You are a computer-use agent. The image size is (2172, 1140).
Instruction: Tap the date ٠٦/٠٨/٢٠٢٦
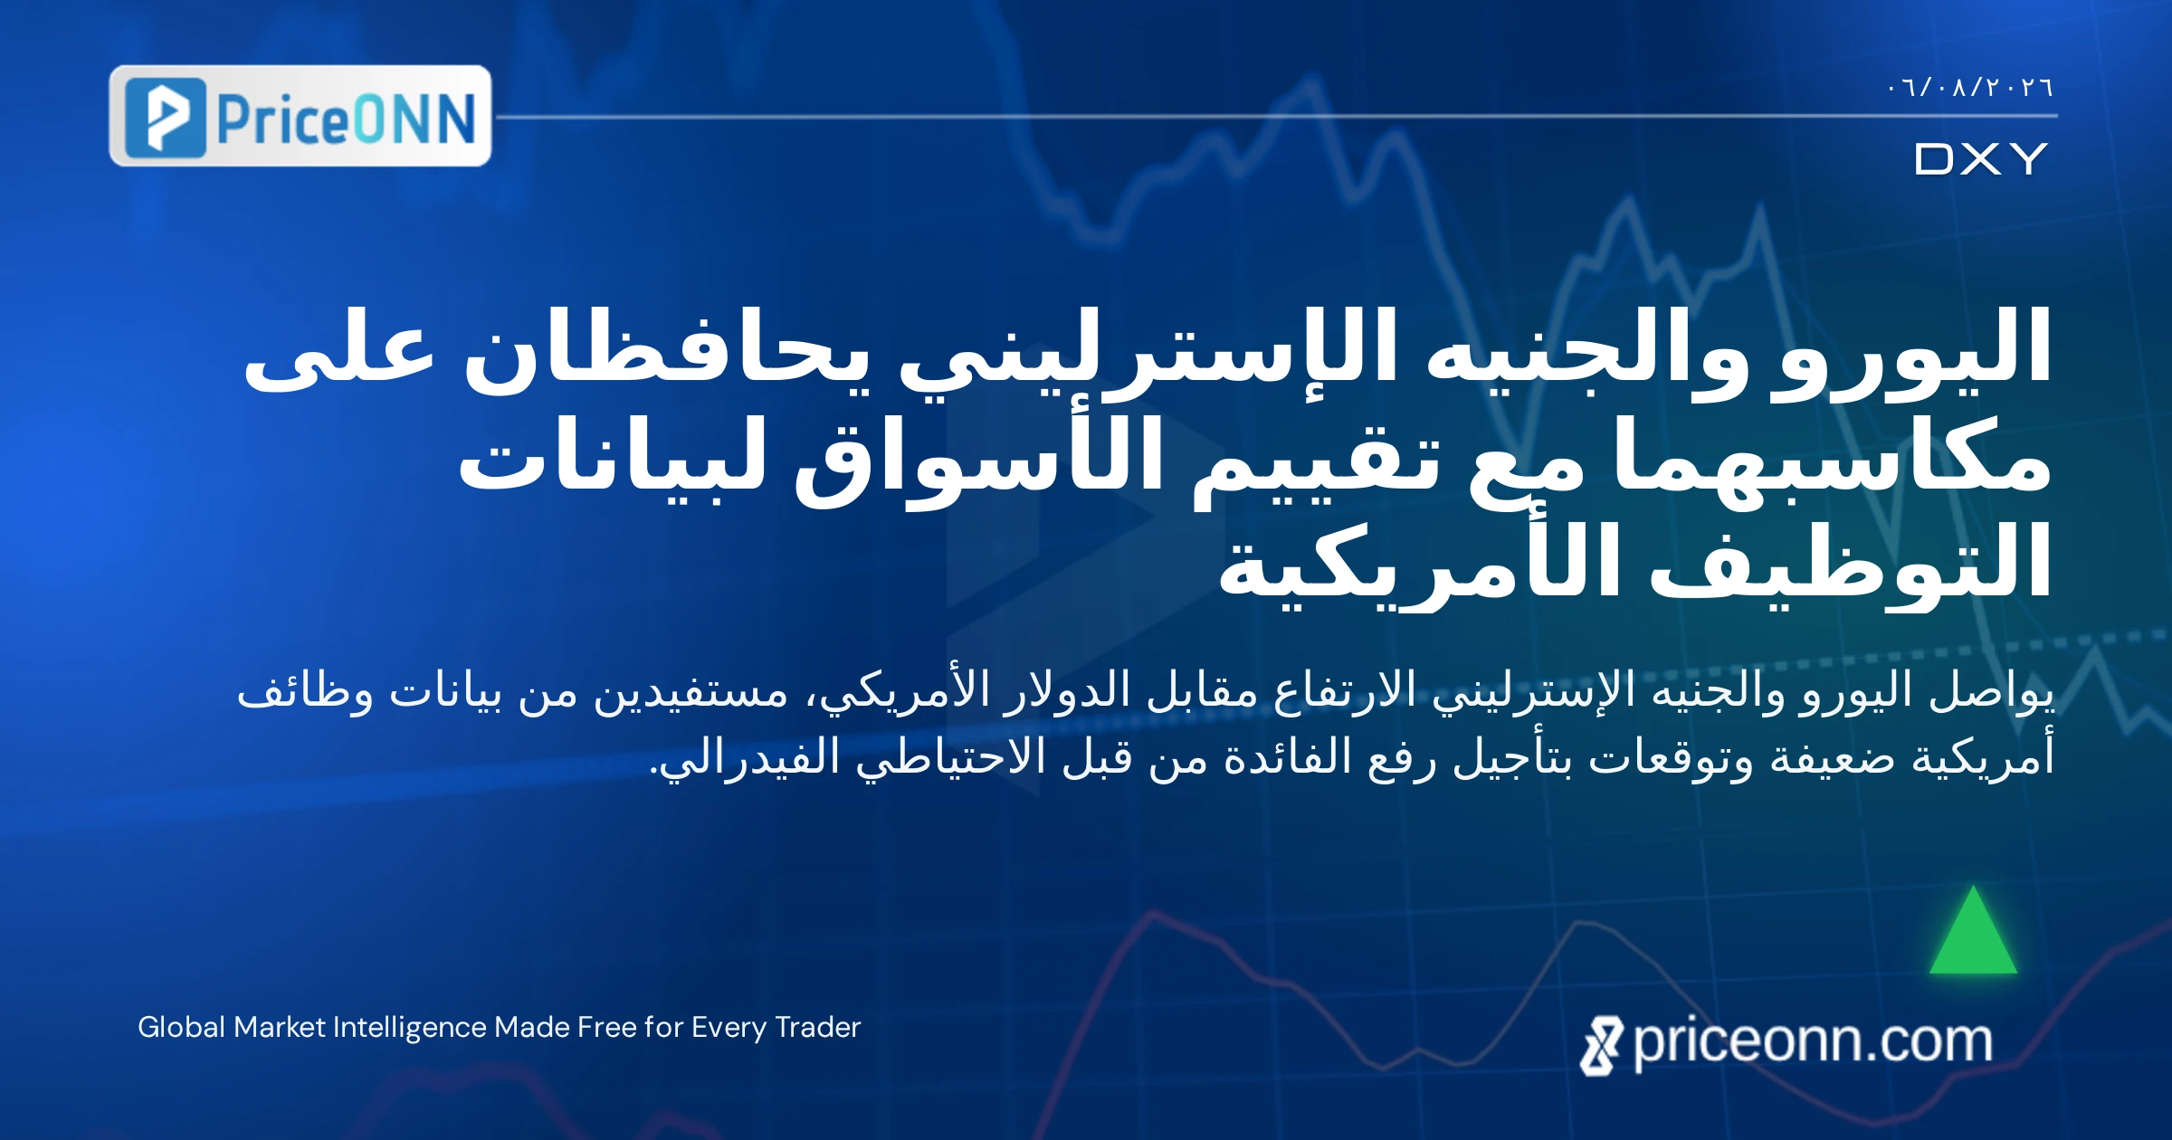click(x=1970, y=88)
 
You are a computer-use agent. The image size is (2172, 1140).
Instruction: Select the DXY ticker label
click(x=1980, y=159)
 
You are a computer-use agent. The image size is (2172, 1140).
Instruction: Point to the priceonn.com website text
click(x=1813, y=1041)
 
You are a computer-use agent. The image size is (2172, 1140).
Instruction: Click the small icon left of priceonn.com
click(x=1602, y=1046)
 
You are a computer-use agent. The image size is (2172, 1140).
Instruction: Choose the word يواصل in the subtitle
click(x=1991, y=692)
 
